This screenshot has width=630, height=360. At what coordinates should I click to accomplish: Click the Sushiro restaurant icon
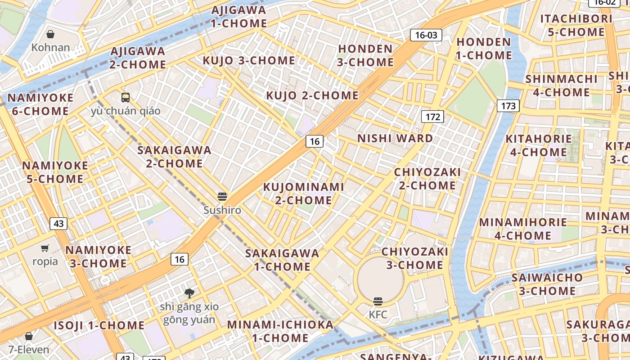click(222, 197)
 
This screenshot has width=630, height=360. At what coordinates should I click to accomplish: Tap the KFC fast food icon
click(378, 301)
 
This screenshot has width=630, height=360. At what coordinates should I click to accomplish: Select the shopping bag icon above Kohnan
click(51, 34)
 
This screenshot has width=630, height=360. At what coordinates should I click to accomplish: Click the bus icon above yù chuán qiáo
click(126, 97)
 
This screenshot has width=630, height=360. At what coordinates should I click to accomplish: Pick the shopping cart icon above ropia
click(45, 248)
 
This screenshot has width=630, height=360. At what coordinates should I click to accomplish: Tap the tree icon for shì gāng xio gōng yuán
click(189, 293)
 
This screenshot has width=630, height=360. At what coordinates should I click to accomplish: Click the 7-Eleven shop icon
click(29, 336)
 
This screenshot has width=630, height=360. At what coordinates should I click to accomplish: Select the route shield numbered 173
click(508, 106)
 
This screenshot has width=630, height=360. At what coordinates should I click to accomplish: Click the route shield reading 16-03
click(426, 35)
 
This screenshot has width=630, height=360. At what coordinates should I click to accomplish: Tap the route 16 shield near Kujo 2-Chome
click(315, 141)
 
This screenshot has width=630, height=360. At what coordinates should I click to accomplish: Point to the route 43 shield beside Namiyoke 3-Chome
click(58, 223)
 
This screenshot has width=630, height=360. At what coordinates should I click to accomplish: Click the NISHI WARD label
click(395, 138)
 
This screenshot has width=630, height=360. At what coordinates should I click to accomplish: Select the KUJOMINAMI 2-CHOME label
click(303, 193)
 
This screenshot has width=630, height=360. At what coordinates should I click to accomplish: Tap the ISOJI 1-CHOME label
click(99, 325)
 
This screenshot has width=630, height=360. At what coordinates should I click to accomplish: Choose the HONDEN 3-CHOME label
click(365, 55)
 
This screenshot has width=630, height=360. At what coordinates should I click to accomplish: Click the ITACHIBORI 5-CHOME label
click(576, 25)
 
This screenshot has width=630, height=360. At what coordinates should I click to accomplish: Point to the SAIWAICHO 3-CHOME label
click(547, 284)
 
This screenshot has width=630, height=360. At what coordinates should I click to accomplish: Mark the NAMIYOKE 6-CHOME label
click(40, 104)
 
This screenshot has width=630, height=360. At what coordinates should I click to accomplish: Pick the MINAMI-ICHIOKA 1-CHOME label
click(280, 331)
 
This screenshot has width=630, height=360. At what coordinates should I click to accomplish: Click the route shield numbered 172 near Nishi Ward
click(432, 117)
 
